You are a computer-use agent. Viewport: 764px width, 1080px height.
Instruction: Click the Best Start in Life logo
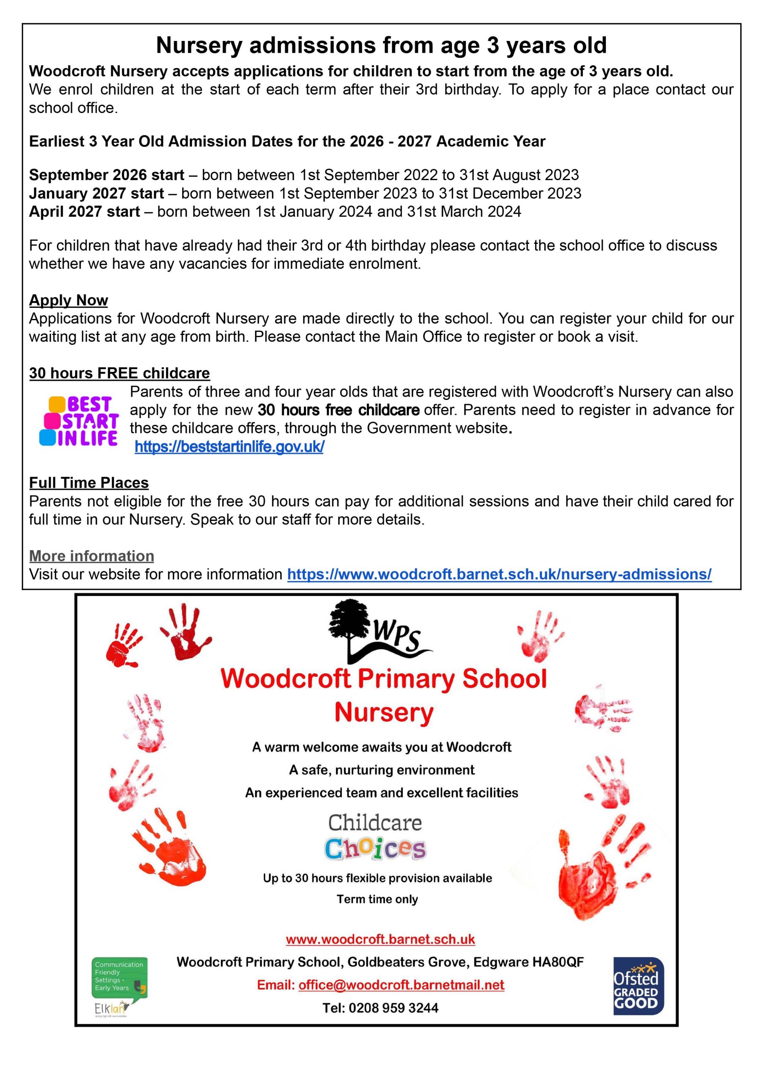[79, 421]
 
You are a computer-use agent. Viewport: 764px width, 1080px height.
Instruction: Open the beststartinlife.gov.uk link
[229, 447]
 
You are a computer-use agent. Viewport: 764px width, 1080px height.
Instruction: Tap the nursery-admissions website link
[499, 574]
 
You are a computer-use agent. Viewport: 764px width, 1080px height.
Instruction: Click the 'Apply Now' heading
[69, 300]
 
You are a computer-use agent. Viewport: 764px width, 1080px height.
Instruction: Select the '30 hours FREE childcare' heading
[119, 373]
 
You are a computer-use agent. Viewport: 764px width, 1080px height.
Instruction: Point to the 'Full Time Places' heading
[89, 483]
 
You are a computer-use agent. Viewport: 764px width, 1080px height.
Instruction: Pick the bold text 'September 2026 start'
[106, 175]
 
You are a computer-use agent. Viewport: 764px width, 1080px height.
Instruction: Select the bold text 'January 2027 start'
[97, 193]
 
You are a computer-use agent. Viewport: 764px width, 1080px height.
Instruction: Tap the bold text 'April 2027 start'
[85, 212]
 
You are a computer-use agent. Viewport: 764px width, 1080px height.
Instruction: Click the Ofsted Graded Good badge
[638, 986]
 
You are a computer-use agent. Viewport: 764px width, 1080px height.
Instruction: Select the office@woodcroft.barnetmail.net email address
[401, 985]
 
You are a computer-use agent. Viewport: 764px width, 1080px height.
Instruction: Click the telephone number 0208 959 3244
[393, 1008]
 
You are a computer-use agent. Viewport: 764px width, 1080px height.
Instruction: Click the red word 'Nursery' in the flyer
[383, 713]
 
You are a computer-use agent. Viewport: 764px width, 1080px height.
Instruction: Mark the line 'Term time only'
[377, 899]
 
